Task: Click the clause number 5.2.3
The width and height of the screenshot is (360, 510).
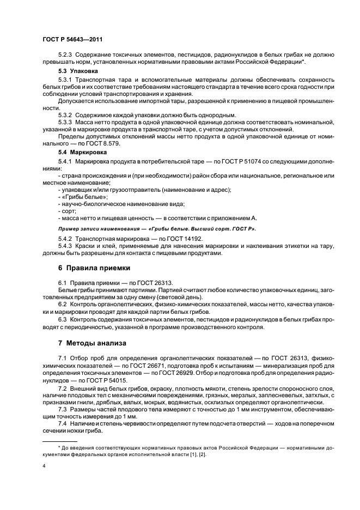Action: pyautogui.click(x=65, y=56)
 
